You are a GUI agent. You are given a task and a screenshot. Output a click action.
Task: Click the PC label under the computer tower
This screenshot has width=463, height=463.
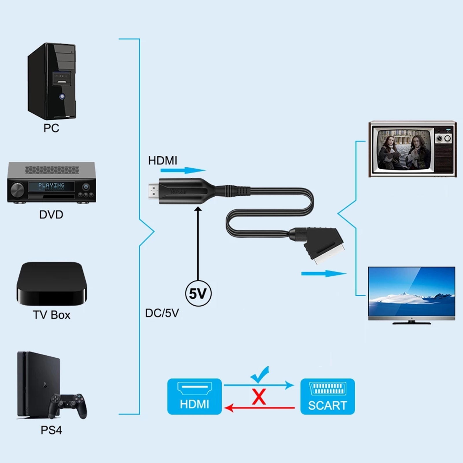click(x=51, y=128)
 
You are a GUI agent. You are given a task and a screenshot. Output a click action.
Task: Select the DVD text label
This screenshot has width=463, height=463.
click(x=51, y=215)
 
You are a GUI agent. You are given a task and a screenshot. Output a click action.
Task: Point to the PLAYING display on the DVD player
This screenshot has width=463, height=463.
click(x=52, y=186)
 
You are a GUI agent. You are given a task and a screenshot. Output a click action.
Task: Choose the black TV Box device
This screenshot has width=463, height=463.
click(x=52, y=284)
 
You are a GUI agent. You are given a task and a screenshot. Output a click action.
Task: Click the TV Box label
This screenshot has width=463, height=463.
click(x=52, y=315)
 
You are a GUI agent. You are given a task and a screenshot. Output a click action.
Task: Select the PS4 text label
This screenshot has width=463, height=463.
click(x=51, y=430)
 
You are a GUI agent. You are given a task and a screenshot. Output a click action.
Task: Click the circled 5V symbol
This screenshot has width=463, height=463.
click(x=198, y=293)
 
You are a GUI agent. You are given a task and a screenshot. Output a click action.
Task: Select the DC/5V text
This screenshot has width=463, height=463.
click(x=162, y=313)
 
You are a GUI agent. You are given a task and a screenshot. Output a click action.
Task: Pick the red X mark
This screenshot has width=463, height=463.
click(x=259, y=397)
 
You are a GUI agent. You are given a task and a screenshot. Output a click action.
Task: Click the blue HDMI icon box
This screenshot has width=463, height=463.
click(x=194, y=396)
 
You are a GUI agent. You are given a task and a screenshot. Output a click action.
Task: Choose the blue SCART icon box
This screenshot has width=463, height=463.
click(x=328, y=396)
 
